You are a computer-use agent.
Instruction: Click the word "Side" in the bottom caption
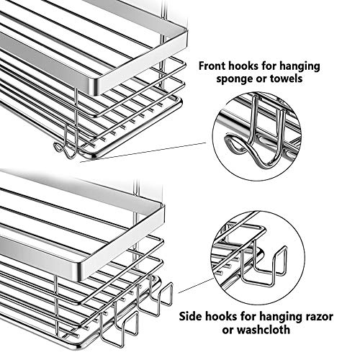190,316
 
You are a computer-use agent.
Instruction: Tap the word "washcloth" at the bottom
263,330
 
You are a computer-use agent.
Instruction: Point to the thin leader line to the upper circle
143,153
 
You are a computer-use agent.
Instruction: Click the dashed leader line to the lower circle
196,286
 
